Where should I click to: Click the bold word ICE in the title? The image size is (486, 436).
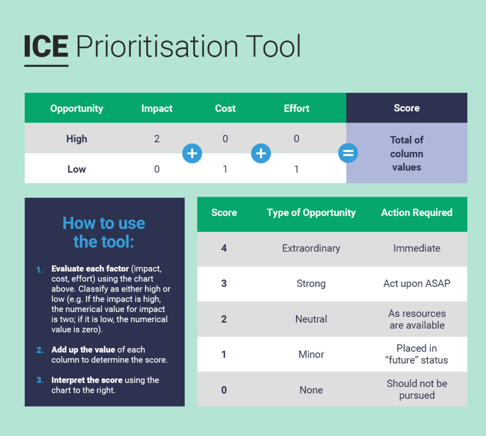click(x=46, y=47)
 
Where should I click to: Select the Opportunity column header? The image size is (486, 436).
click(x=76, y=108)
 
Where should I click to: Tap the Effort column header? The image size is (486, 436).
click(x=296, y=108)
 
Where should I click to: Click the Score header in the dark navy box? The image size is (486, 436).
click(x=406, y=108)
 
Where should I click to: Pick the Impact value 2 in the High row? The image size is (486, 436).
click(x=157, y=139)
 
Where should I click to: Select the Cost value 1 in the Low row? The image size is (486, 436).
click(x=225, y=169)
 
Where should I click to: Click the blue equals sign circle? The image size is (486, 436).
click(x=348, y=153)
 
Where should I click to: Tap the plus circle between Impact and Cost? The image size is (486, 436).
click(x=192, y=153)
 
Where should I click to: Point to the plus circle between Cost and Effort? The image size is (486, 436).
click(x=261, y=153)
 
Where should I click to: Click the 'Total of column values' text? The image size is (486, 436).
click(x=406, y=153)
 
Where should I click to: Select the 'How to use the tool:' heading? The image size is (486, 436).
click(x=104, y=232)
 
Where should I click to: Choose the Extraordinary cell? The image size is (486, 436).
click(x=311, y=248)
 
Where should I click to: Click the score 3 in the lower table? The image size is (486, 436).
click(x=224, y=284)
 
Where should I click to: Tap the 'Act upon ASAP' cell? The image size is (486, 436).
click(x=417, y=284)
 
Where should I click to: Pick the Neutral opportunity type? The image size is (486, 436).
click(x=311, y=319)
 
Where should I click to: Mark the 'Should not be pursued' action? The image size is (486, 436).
click(x=417, y=389)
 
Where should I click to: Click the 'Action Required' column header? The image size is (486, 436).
click(x=417, y=213)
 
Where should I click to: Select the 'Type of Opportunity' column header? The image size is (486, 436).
click(x=311, y=213)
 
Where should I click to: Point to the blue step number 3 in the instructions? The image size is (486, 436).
click(x=40, y=380)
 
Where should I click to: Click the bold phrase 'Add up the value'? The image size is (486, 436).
click(x=84, y=350)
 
